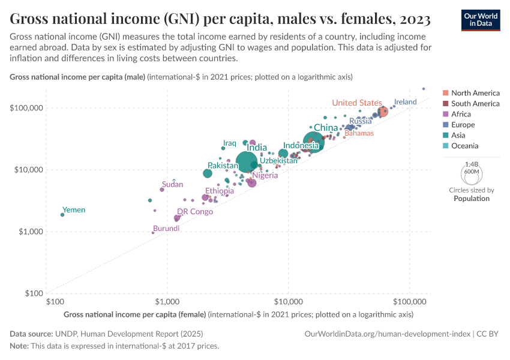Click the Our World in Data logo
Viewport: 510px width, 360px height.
coord(481,20)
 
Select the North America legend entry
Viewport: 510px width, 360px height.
coord(475,93)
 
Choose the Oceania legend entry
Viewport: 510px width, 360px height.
coord(465,146)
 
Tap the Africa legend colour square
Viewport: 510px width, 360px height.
coord(446,114)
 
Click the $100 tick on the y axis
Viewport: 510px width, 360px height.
coord(32,293)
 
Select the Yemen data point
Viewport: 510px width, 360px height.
coord(62,215)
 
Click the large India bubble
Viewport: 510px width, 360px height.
coord(248,161)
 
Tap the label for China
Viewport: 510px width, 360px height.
coord(326,128)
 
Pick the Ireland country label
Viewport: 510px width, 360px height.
coord(405,102)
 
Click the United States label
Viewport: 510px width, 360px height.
coord(357,103)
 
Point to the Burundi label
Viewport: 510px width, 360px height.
coord(166,229)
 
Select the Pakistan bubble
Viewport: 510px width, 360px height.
coord(208,173)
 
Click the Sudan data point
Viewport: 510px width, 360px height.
coord(162,190)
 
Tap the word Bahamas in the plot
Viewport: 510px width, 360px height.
coord(359,133)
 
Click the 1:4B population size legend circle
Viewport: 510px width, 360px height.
coord(472,174)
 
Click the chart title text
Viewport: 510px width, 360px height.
coord(220,19)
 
